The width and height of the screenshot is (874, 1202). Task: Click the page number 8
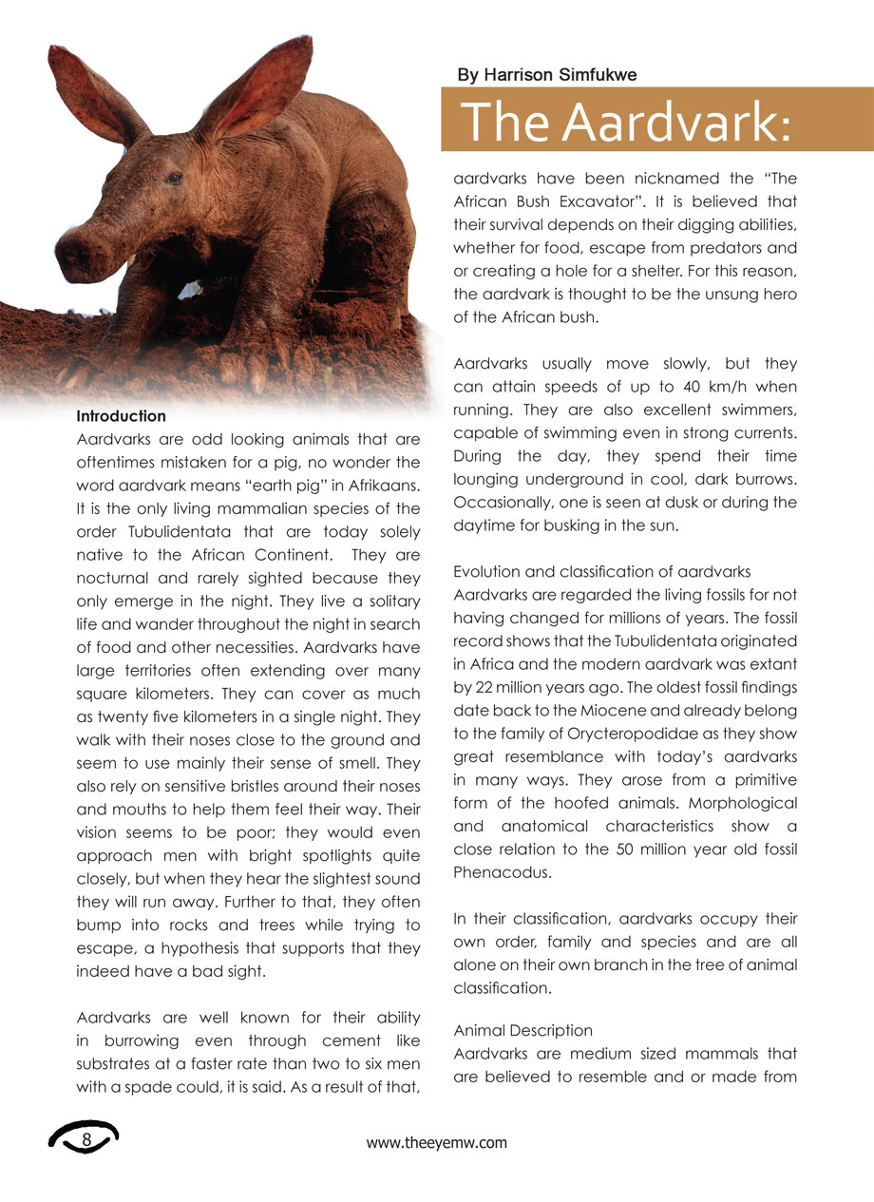pos(86,1138)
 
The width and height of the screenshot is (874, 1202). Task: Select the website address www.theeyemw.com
pos(437,1143)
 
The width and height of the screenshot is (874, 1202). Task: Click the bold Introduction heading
pos(121,416)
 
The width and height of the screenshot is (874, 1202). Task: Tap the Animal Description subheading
pos(523,1031)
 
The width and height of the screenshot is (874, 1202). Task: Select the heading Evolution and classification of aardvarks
pos(602,572)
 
